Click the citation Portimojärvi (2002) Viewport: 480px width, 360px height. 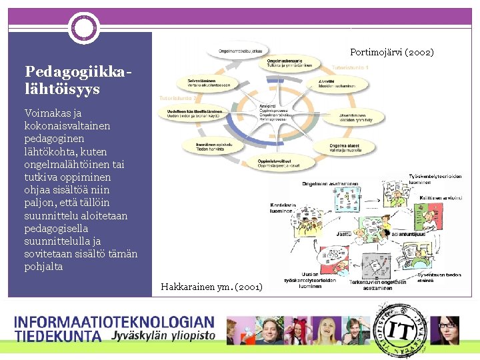391,52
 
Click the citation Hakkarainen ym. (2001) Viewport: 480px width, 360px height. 212,287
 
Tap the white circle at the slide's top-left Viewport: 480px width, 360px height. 85,28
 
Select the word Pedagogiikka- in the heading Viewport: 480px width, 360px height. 74,71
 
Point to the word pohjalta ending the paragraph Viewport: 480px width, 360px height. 43,267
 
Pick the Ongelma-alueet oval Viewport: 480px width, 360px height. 352,147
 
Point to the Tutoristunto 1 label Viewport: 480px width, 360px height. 350,68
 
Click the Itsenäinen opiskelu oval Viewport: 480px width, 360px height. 203,145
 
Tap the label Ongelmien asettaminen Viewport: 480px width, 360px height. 330,183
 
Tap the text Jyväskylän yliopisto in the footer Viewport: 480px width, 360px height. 163,335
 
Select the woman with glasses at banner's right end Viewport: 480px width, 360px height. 447,330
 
